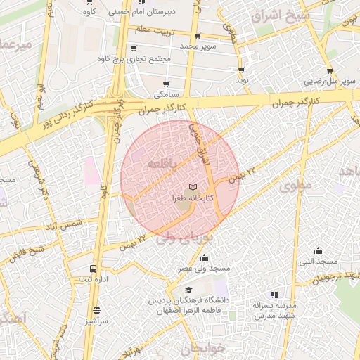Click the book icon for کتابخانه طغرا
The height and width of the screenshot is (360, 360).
tap(193, 187)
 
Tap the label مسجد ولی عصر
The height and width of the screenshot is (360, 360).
tap(204, 269)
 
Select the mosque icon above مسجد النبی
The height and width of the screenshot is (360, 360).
tap(319, 250)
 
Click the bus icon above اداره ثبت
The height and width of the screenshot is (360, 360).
tap(93, 269)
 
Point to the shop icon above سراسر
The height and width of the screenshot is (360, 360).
tap(96, 309)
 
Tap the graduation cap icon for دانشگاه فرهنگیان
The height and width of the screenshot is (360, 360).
tap(188, 290)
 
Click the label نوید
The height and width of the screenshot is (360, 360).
tap(243, 81)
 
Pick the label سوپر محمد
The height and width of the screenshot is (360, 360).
tap(200, 46)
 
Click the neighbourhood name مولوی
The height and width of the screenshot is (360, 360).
tap(294, 187)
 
